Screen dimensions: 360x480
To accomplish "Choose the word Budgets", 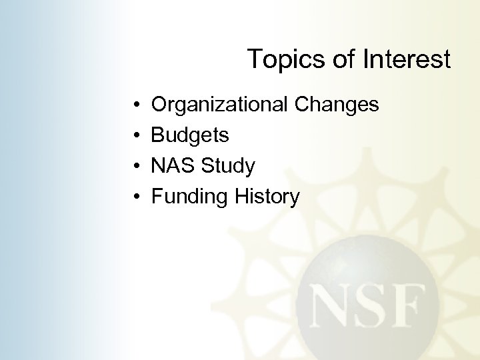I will [x=190, y=136].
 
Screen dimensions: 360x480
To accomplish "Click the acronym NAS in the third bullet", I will [x=173, y=166].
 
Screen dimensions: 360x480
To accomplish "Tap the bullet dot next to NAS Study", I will [x=135, y=167].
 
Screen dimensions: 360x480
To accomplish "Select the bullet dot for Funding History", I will [x=135, y=197].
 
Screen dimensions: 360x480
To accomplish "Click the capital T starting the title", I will [x=254, y=61].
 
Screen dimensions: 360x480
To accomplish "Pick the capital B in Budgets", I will [x=159, y=136].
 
